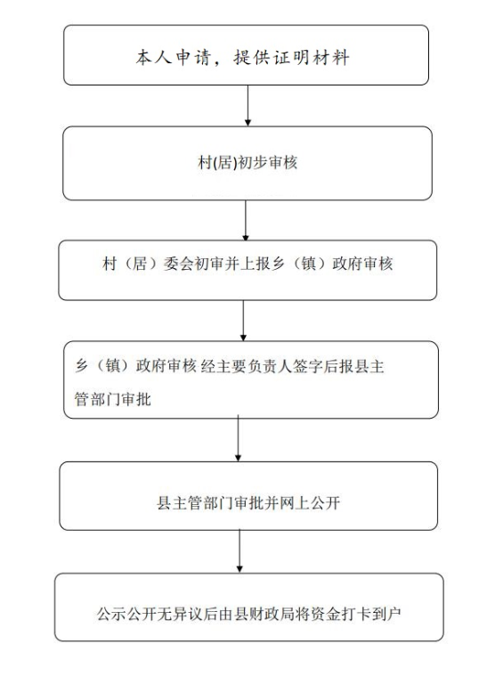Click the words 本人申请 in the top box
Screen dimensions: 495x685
coord(174,57)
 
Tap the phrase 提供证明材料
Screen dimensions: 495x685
coord(292,57)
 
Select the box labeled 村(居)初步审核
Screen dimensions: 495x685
coord(247,163)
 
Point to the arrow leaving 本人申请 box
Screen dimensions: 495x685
coord(247,106)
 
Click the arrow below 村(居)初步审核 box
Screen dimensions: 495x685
coord(246,220)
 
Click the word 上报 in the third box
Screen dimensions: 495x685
coord(255,264)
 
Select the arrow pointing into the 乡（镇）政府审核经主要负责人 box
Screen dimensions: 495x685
coord(243,321)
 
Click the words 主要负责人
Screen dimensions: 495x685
coord(254,366)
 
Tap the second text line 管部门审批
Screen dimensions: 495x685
coord(112,399)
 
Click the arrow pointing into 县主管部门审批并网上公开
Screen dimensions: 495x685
coord(238,438)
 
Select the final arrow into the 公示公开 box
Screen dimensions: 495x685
coord(239,551)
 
